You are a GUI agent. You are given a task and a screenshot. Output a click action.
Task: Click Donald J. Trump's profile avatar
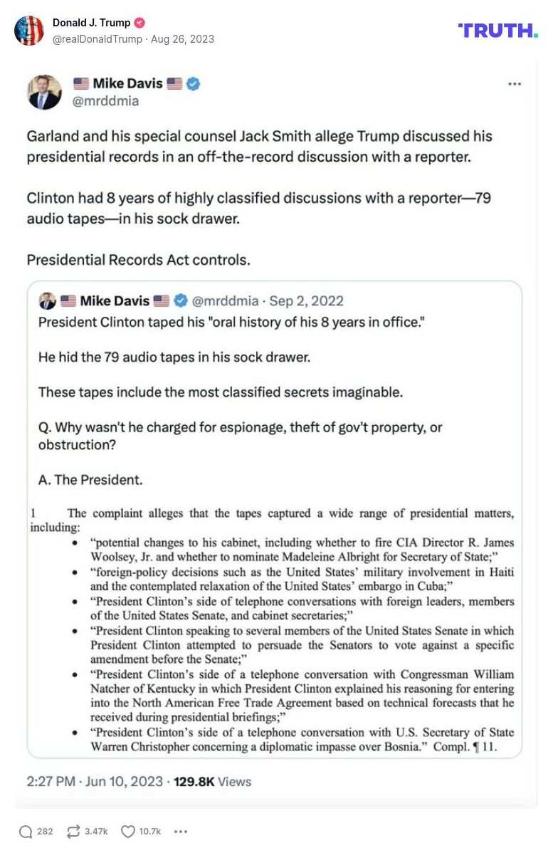coord(29,31)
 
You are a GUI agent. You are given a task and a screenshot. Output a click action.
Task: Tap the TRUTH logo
coord(497,30)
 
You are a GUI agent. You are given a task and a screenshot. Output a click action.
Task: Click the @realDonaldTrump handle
coord(97,39)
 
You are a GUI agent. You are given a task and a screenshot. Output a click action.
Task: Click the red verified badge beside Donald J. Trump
coord(140,23)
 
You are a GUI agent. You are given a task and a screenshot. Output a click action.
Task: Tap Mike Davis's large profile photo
coord(44,92)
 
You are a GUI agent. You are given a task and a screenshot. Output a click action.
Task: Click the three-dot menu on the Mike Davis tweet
coord(515,84)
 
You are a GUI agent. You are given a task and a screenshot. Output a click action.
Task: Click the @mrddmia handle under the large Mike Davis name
coord(105,101)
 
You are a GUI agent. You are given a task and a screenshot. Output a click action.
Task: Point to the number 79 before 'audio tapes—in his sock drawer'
coord(483,198)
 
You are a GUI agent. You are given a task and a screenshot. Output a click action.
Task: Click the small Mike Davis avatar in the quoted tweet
coord(47,300)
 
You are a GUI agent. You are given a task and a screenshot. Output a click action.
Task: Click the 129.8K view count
coord(194,781)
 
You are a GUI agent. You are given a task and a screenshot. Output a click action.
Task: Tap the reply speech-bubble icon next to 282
coord(26,831)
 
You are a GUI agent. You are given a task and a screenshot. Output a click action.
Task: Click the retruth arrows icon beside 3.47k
coord(73,831)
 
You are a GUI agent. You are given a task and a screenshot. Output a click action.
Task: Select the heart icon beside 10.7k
coord(128,831)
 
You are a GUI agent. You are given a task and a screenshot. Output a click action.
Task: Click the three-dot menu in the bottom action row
coord(181,831)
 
